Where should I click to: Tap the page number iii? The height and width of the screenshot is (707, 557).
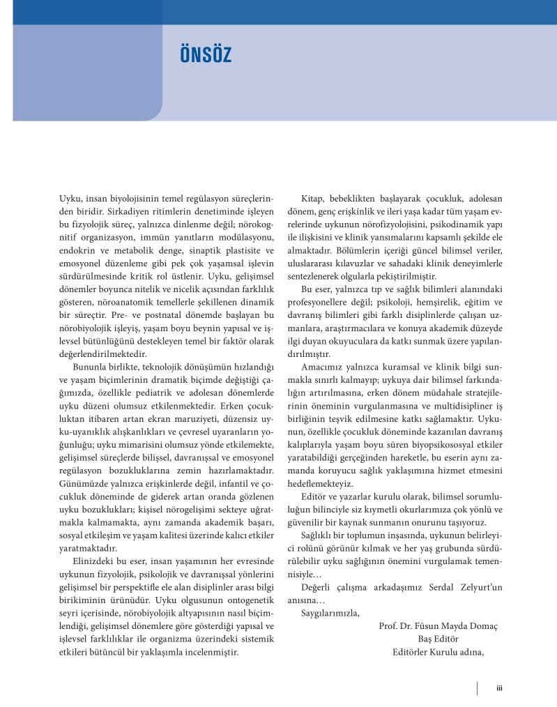pyautogui.click(x=499, y=687)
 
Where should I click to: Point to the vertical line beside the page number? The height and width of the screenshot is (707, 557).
pyautogui.click(x=478, y=687)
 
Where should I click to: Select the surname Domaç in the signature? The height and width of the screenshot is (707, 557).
pyautogui.click(x=483, y=626)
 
